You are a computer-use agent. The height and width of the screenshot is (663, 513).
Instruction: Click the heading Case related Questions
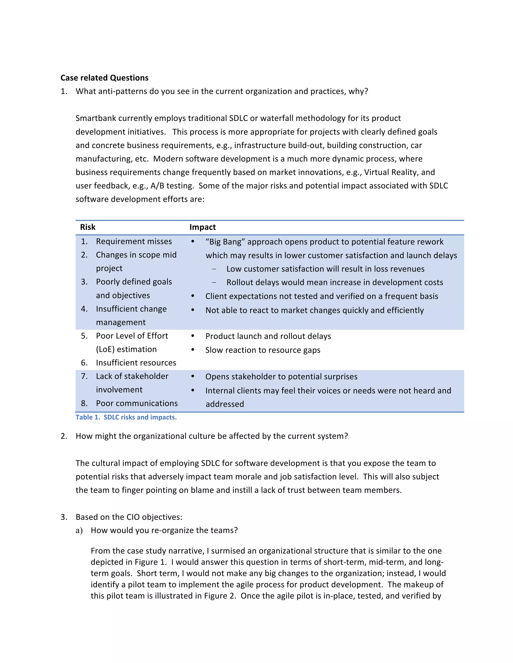(104, 78)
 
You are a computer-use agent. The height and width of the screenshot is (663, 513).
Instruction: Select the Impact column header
(202, 227)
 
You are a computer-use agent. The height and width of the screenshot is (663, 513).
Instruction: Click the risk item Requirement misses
(134, 241)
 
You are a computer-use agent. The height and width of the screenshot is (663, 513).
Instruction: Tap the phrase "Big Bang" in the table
(225, 242)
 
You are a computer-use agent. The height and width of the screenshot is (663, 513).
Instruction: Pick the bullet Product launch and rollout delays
(268, 336)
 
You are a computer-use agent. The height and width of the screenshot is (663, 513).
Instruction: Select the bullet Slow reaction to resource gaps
(263, 350)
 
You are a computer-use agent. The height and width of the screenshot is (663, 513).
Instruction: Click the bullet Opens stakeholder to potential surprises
(281, 377)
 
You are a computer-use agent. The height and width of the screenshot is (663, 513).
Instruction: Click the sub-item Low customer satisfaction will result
(325, 269)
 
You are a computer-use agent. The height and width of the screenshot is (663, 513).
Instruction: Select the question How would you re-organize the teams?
(164, 530)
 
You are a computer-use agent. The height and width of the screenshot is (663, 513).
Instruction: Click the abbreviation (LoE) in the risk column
(105, 350)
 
